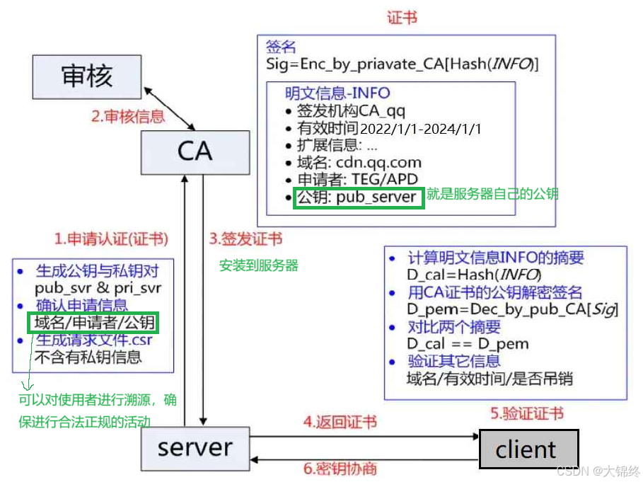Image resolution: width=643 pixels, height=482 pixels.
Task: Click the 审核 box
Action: tap(87, 76)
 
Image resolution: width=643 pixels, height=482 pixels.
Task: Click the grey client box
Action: tap(528, 449)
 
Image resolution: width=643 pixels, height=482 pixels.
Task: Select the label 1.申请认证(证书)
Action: tap(112, 238)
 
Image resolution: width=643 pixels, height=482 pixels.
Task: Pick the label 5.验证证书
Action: tap(527, 413)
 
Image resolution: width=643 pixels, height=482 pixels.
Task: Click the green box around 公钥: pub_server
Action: tap(359, 197)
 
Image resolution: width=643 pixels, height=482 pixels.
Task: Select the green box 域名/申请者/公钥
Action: tap(93, 323)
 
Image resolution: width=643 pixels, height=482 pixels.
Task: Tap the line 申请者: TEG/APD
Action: tap(357, 180)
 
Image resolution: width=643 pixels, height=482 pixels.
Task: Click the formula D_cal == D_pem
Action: tap(468, 345)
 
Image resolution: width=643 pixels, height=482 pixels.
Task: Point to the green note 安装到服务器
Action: tap(258, 266)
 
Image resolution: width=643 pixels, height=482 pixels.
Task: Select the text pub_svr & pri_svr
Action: tap(98, 288)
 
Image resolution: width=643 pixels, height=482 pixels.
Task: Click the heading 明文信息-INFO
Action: tap(337, 93)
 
